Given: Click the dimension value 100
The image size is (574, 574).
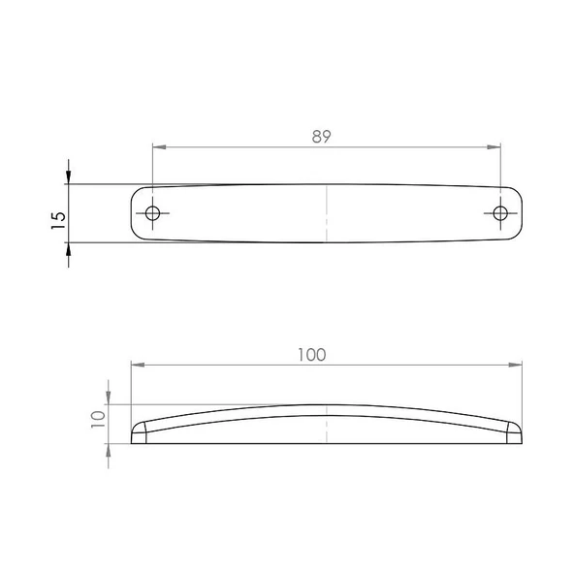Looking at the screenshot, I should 312,355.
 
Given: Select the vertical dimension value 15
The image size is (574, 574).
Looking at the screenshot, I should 58,219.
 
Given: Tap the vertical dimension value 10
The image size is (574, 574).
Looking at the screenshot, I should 97,419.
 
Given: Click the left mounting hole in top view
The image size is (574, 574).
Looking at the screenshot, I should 152,213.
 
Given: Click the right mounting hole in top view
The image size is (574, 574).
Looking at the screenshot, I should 500,213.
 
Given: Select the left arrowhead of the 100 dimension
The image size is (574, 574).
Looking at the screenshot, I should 136,366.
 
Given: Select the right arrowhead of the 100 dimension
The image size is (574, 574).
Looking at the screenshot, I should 516,366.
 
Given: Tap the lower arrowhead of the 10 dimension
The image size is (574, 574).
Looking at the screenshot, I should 108,451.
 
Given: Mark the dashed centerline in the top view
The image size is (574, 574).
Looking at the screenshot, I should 327,213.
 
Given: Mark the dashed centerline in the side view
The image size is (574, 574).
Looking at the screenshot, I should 327,424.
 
